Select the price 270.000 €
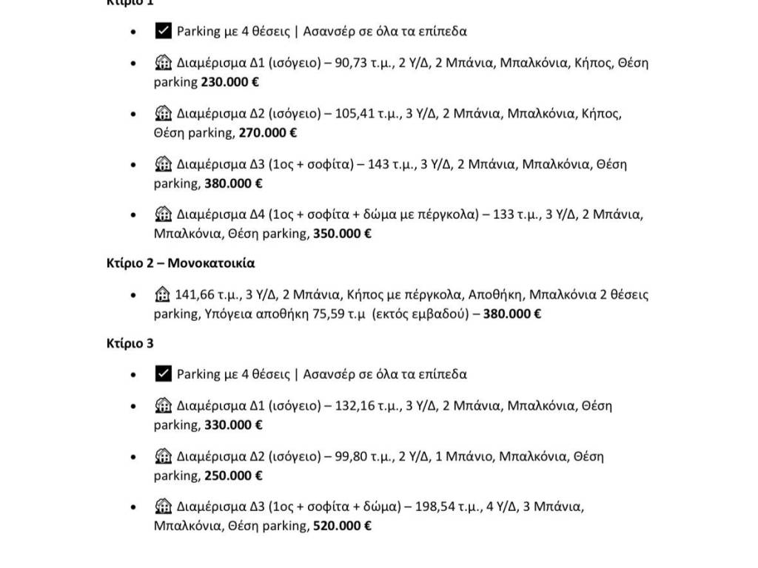point(268,133)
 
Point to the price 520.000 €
point(341,526)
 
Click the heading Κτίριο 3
point(130,343)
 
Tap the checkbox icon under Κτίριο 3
point(164,373)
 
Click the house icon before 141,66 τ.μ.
point(163,294)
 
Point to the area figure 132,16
point(358,406)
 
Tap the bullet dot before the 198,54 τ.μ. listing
point(133,507)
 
